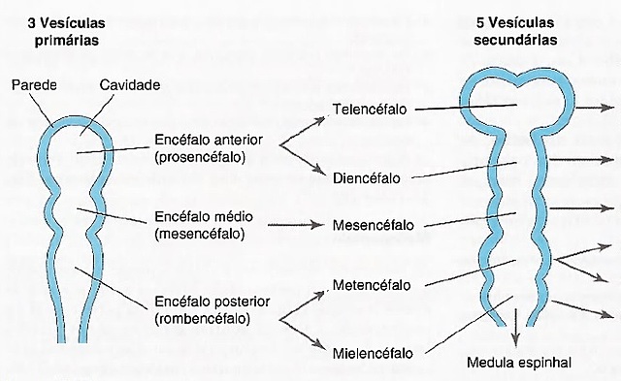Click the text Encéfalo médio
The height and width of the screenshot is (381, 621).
click(199, 216)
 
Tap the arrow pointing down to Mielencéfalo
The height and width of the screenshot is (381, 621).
click(303, 331)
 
